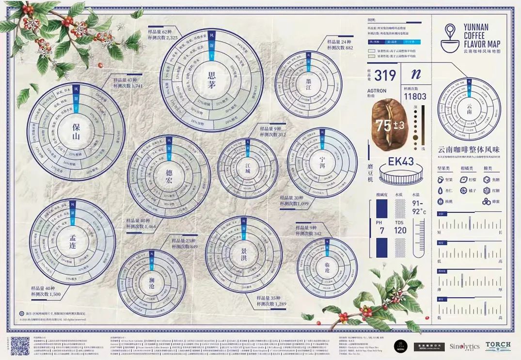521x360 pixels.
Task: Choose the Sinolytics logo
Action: [x=464, y=346]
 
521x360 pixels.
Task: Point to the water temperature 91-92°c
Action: [x=419, y=207]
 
